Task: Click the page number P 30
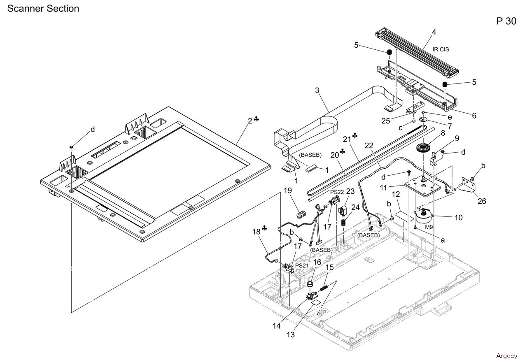tap(506, 21)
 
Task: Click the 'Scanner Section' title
tap(43, 8)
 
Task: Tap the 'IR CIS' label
tap(441, 49)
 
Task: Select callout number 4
tap(434, 32)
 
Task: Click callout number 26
tap(481, 201)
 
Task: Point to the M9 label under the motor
tap(429, 227)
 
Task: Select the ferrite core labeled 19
tap(300, 215)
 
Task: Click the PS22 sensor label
tap(337, 192)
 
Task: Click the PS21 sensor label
tap(302, 266)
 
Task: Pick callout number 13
tap(291, 334)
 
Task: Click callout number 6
tap(474, 116)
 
